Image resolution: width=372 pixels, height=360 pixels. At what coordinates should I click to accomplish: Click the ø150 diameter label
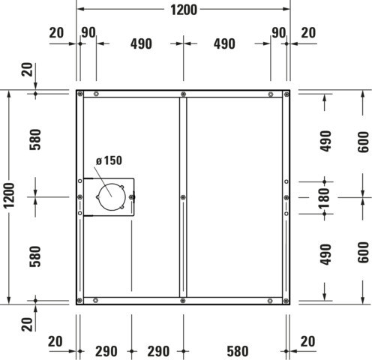click(x=109, y=160)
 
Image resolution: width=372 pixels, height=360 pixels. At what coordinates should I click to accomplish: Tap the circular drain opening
click(x=112, y=196)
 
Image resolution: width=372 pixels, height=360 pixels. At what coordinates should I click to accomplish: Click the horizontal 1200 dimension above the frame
click(x=184, y=10)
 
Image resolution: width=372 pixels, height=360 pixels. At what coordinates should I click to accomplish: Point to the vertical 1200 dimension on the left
click(x=10, y=195)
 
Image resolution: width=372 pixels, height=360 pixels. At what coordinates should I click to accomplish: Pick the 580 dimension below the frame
click(x=238, y=351)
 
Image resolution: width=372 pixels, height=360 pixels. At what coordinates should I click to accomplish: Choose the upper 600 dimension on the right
click(x=363, y=142)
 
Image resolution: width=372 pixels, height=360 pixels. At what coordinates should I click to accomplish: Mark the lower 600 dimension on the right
click(x=363, y=252)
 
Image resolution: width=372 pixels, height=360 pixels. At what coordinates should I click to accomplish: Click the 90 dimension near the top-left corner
click(x=88, y=32)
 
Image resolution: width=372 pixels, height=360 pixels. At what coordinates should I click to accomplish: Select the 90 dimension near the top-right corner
click(x=278, y=33)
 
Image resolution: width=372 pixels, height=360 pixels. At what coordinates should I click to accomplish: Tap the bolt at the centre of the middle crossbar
click(x=183, y=197)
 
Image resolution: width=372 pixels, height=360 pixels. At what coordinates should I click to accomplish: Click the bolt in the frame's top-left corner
click(x=80, y=94)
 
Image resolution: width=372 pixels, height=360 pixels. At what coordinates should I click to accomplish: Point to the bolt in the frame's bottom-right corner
click(x=286, y=301)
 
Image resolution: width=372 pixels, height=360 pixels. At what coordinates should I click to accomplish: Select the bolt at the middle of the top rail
click(x=183, y=94)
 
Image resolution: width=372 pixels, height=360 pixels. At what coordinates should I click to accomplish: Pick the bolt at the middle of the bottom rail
click(x=183, y=301)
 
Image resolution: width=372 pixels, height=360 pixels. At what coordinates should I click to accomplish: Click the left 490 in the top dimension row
click(x=141, y=44)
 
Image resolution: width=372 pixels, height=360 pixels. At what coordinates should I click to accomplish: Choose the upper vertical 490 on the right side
click(x=325, y=141)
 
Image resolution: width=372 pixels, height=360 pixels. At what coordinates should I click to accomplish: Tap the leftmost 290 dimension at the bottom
click(x=106, y=351)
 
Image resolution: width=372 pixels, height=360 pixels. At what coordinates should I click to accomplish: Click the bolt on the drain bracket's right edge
click(x=131, y=197)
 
